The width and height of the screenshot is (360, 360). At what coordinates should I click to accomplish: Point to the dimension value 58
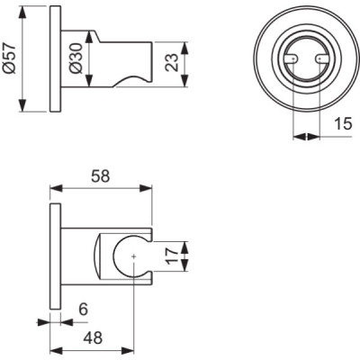pyautogui.click(x=100, y=178)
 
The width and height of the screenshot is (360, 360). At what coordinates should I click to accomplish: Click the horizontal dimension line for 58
pyautogui.click(x=100, y=189)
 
